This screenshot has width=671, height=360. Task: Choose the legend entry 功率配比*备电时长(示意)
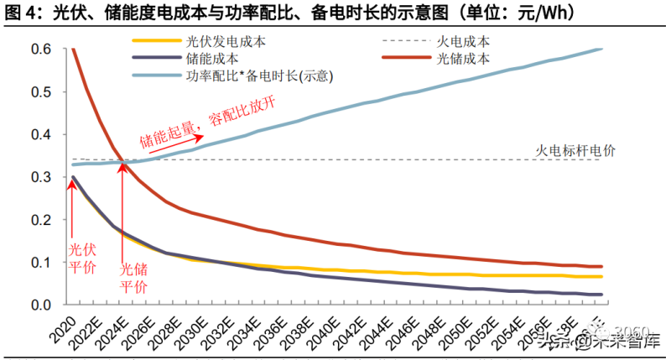260,76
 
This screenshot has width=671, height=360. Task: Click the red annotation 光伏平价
81,258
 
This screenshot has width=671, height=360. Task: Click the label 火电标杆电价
575,150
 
